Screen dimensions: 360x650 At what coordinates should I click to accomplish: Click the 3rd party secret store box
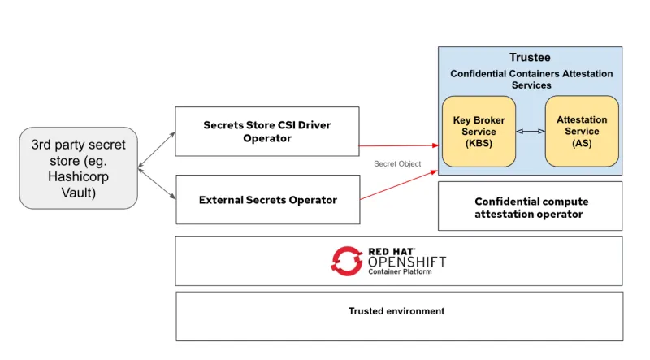78,169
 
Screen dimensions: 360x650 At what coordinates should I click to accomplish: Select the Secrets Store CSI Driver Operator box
266,131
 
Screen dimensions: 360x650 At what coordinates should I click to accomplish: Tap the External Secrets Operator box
267,199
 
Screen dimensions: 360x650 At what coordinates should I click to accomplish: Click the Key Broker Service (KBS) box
479,131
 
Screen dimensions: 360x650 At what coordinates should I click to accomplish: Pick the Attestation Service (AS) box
581,131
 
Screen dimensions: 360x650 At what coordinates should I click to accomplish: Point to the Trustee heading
530,58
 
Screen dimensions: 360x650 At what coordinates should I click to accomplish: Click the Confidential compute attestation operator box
530,207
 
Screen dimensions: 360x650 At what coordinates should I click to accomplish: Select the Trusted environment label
396,311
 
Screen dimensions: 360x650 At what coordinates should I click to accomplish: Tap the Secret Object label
397,164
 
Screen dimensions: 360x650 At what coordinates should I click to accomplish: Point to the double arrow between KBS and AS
530,131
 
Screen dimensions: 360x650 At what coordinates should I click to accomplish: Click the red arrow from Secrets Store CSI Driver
398,146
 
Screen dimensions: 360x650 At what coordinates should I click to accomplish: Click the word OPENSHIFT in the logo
406,262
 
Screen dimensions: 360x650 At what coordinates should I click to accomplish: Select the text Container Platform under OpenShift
400,272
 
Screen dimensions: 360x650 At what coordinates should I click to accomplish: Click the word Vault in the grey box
78,193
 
